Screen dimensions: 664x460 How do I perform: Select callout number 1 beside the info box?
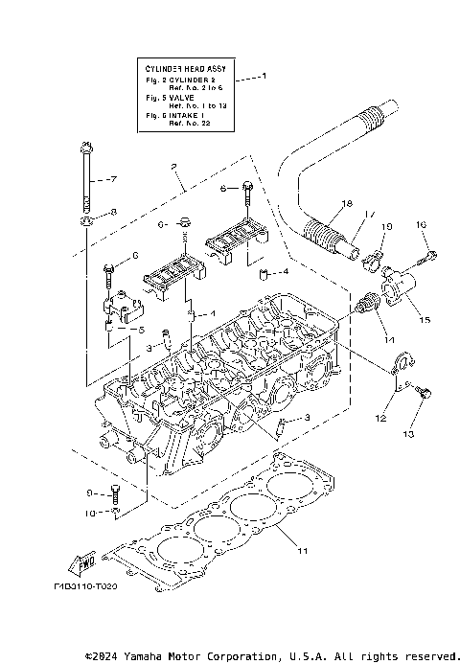[265, 76]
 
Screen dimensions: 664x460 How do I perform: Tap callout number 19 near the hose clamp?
[387, 227]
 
